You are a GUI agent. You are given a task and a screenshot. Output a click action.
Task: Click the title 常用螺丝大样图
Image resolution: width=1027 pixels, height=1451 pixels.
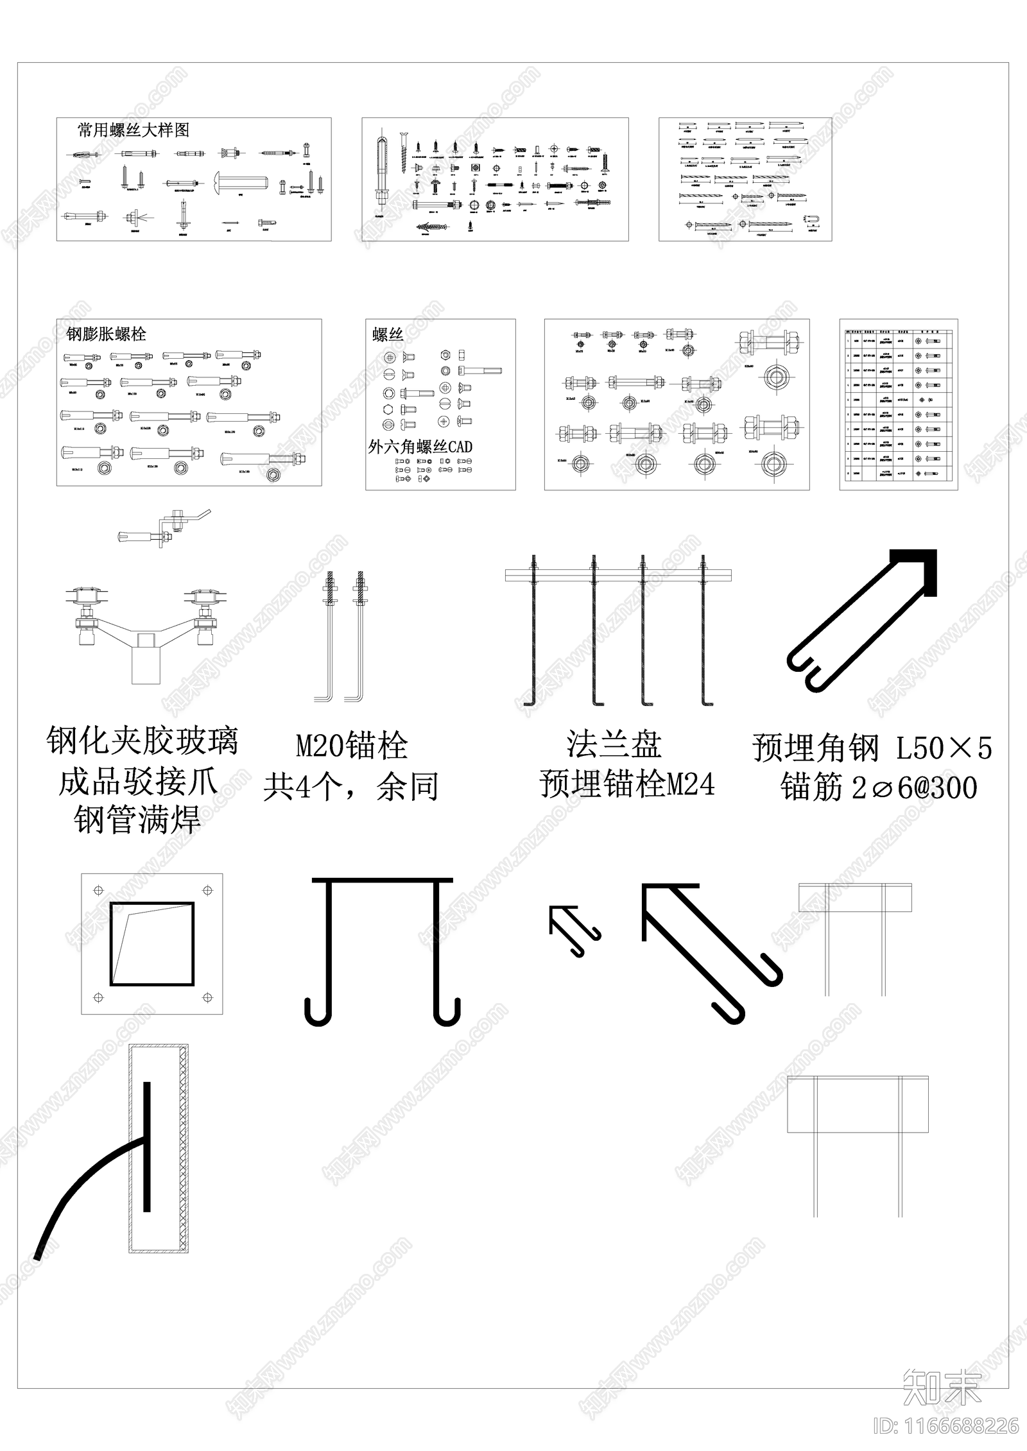[134, 130]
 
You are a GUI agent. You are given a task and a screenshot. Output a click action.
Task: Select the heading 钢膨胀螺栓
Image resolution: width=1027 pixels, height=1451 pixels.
[107, 334]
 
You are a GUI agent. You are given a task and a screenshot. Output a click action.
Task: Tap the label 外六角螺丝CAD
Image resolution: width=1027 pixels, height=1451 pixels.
[420, 447]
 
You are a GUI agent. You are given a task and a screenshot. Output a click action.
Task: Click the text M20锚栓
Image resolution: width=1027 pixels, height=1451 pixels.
[352, 746]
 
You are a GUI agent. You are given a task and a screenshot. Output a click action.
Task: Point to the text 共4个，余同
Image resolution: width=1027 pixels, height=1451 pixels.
[351, 787]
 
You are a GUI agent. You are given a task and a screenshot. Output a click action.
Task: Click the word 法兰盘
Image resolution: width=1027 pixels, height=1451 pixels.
[614, 745]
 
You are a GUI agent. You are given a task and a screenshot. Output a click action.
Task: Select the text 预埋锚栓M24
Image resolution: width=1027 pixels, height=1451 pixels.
[627, 784]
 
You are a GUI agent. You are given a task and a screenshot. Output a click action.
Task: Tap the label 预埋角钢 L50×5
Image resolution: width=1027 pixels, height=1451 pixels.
[872, 748]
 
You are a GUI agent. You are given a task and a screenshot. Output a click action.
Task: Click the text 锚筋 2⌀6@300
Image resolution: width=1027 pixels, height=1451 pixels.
[878, 788]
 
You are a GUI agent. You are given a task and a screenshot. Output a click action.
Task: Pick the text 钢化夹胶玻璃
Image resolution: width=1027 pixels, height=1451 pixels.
[142, 741]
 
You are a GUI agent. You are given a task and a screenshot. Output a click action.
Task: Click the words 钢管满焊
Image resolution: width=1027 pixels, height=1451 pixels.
[137, 820]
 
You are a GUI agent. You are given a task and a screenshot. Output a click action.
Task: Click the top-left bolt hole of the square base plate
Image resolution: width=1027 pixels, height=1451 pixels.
[98, 890]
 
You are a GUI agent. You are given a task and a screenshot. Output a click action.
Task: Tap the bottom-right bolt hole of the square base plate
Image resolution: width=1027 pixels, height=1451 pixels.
[207, 997]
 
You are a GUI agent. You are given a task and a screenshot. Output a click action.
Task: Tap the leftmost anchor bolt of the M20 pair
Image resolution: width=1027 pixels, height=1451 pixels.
[329, 635]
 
